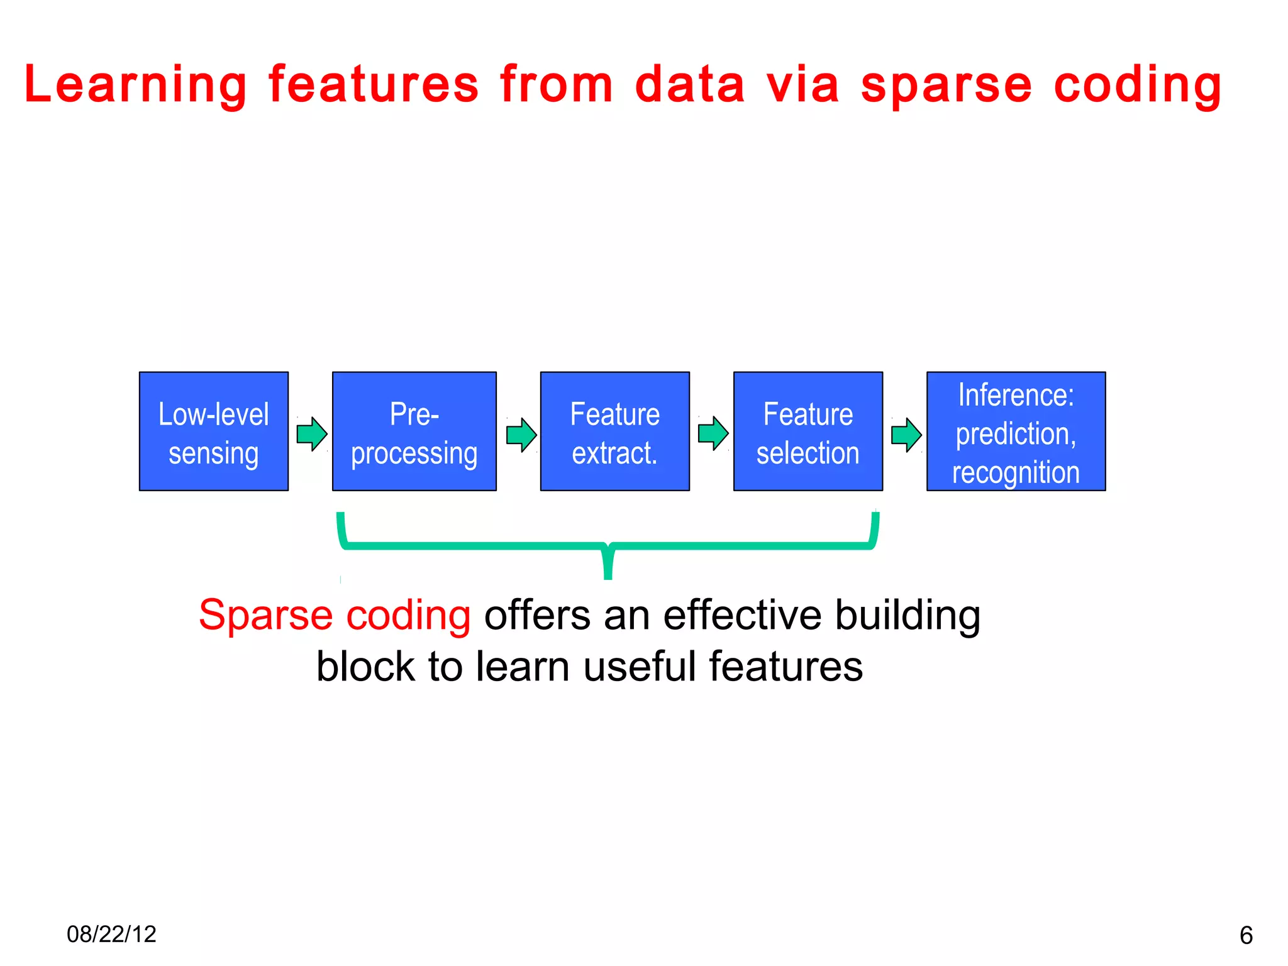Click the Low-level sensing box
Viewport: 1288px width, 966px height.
214,431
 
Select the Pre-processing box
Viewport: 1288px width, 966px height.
414,431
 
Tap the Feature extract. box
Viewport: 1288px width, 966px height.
614,431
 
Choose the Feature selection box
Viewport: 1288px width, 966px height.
808,431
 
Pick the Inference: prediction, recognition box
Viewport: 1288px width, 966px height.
1016,431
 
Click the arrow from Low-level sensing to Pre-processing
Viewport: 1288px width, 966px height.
311,434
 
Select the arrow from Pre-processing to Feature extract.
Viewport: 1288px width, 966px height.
521,435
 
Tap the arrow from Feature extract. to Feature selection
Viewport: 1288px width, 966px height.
713,433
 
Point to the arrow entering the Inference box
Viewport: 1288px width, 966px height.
906,435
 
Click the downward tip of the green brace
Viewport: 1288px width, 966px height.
608,572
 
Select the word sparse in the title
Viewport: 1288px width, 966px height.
946,85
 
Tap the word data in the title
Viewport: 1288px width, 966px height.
690,85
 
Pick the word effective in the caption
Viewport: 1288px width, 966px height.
742,615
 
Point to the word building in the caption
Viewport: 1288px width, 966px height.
908,615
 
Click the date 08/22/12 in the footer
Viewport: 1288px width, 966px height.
111,934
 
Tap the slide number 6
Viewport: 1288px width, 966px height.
1246,935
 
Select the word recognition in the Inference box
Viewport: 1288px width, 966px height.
1016,472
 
